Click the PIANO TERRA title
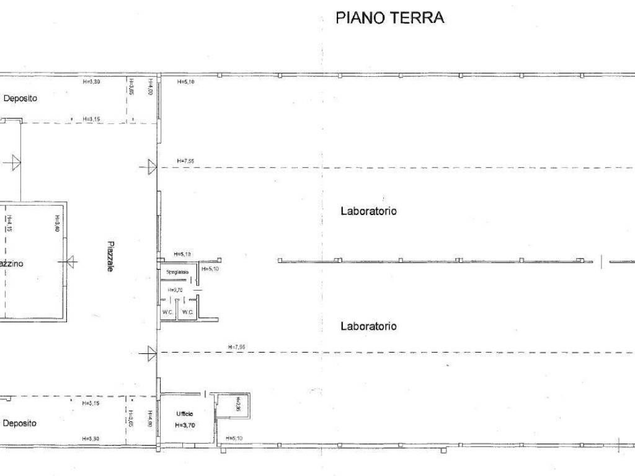pos(389,17)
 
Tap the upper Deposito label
pos(20,98)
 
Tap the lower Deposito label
pos(19,423)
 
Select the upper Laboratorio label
pos(368,211)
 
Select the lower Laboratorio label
pos(368,326)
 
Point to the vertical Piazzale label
pos(109,257)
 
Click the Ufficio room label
pos(184,413)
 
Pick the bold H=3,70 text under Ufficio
pos(184,425)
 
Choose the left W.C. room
pos(168,312)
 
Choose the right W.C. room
pos(188,312)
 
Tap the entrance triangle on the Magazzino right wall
pos(71,262)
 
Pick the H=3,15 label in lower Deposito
pos(91,403)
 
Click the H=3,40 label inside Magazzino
pos(56,223)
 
